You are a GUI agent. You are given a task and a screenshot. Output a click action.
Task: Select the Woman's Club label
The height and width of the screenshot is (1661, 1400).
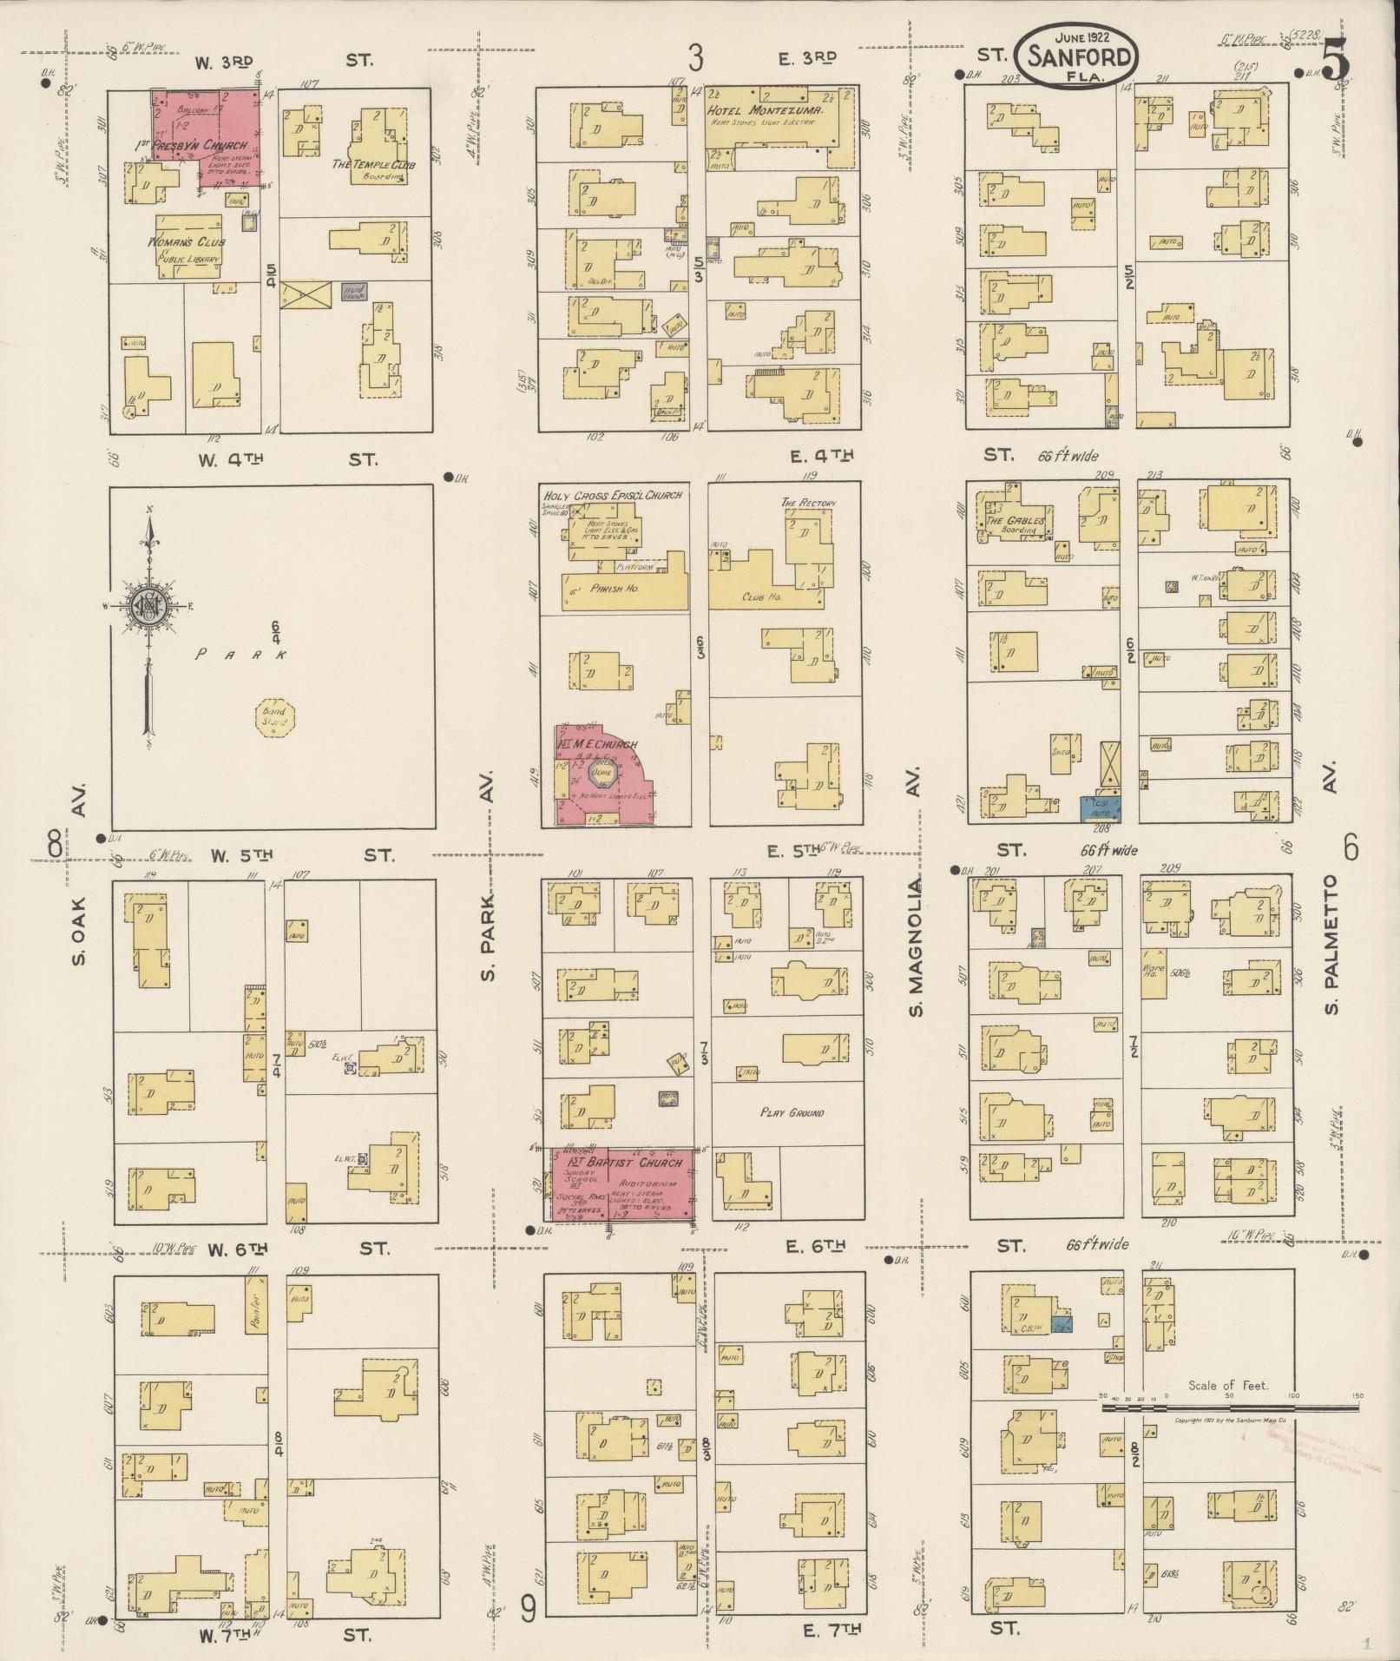point(186,241)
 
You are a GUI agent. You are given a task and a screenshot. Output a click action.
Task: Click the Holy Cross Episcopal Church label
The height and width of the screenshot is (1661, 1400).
point(612,495)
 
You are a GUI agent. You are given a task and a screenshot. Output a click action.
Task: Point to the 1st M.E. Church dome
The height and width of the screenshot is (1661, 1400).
point(602,771)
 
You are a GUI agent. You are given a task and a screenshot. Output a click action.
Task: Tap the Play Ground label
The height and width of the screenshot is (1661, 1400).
point(792,1112)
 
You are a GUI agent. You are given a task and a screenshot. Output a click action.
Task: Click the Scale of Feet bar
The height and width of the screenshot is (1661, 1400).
point(1232,1407)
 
